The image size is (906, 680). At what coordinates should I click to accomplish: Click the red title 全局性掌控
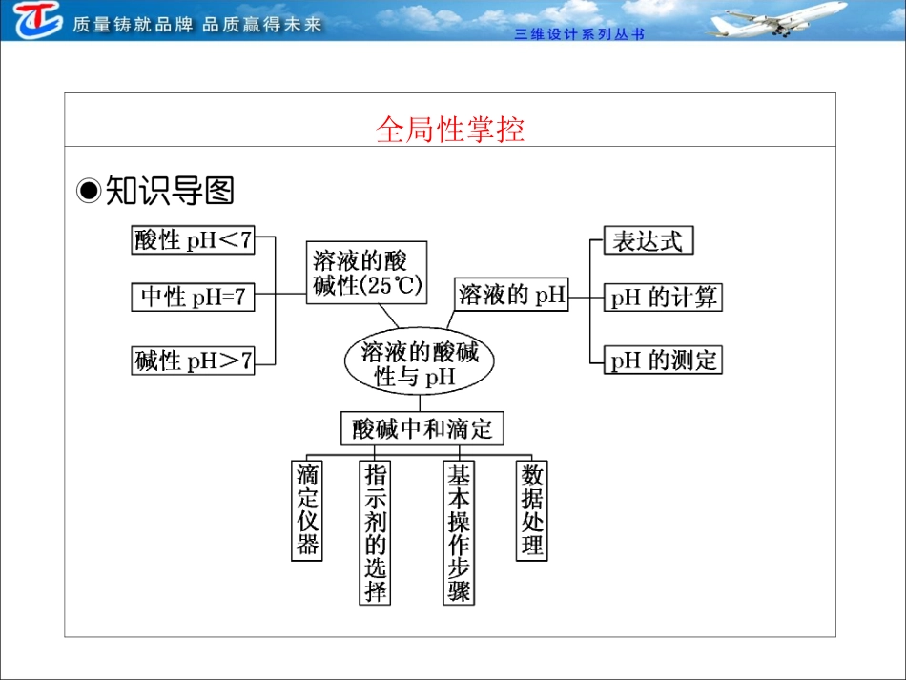click(x=450, y=130)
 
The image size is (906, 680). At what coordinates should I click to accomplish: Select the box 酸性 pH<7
click(x=194, y=240)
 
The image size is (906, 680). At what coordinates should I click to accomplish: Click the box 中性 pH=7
click(x=193, y=298)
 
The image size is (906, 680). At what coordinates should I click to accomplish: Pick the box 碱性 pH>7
click(x=194, y=361)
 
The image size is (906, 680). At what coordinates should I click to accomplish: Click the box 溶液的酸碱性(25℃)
click(x=367, y=273)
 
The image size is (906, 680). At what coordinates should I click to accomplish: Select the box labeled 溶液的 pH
click(x=512, y=296)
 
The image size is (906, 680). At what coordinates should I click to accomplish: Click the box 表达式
click(x=649, y=240)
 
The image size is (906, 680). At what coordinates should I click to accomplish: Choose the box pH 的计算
click(x=663, y=298)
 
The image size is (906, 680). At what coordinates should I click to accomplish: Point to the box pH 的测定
click(x=663, y=361)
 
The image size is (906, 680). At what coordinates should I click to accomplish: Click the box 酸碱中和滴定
click(x=422, y=428)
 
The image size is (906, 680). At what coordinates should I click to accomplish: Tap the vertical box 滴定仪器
click(x=307, y=510)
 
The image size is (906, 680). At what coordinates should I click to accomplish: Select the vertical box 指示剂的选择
click(x=376, y=532)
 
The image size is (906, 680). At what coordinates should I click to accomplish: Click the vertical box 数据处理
click(x=532, y=510)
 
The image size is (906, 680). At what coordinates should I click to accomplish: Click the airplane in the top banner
click(x=777, y=20)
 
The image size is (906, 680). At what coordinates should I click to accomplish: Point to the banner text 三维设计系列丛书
click(x=579, y=34)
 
